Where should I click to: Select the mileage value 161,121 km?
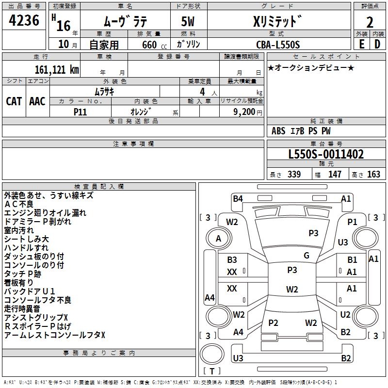click(57, 69)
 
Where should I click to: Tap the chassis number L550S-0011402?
click(326, 155)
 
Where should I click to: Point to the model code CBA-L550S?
click(278, 45)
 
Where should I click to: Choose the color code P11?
click(80, 111)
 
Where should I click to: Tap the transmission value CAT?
click(14, 101)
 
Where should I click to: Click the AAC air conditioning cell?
click(37, 101)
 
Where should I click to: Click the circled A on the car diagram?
click(218, 238)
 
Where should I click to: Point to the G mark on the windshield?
click(307, 256)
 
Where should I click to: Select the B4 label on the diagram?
click(238, 198)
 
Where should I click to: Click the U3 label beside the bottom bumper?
click(238, 358)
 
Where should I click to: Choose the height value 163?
click(373, 175)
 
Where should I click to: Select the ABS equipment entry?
click(278, 131)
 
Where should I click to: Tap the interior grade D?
click(377, 44)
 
